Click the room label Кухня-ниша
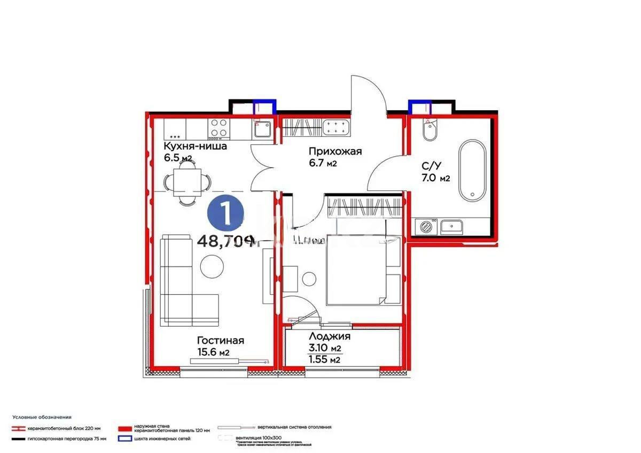coord(196,146)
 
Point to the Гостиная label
coord(220,340)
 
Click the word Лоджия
coord(330,336)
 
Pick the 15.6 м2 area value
coord(213,352)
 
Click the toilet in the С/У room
coord(429,130)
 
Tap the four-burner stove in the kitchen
coord(218,128)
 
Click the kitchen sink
coord(262,128)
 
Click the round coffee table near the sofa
coord(213,265)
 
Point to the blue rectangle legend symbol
coord(125,439)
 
